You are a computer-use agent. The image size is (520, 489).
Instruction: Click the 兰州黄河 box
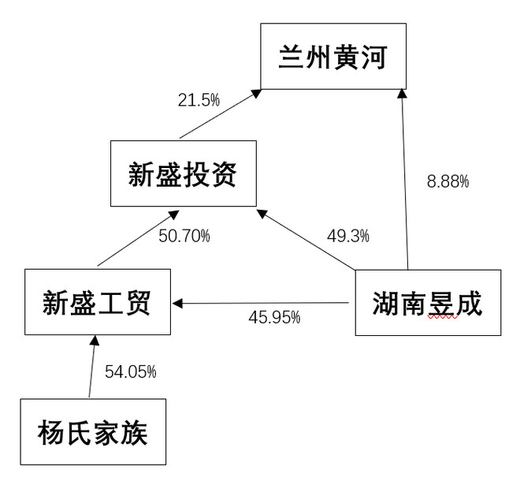point(333,56)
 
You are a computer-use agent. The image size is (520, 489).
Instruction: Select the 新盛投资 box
point(184,174)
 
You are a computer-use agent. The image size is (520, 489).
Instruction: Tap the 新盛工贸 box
point(98,302)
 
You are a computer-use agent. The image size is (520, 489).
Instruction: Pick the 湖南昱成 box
point(428,303)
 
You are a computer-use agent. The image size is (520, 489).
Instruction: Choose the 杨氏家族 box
point(93,432)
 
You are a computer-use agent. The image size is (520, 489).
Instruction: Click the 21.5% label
point(199,100)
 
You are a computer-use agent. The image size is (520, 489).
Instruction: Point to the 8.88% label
point(448,181)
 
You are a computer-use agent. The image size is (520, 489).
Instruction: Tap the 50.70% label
point(184,236)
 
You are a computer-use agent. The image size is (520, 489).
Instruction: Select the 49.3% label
point(348,236)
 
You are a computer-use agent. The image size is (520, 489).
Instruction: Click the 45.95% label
point(274,317)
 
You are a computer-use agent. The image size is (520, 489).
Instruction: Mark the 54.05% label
point(130,371)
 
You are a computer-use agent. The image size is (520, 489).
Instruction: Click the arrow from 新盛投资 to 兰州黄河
point(221,114)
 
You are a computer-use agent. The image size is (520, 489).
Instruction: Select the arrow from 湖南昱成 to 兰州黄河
point(405,179)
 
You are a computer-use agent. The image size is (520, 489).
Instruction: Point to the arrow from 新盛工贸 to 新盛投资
point(139,238)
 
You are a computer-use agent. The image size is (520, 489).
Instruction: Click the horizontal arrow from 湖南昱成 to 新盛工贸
point(261,303)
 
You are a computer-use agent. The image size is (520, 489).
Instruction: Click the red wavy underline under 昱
point(443,317)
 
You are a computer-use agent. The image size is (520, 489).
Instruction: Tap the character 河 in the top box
point(374,57)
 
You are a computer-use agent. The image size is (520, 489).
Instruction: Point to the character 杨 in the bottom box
point(51,432)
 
